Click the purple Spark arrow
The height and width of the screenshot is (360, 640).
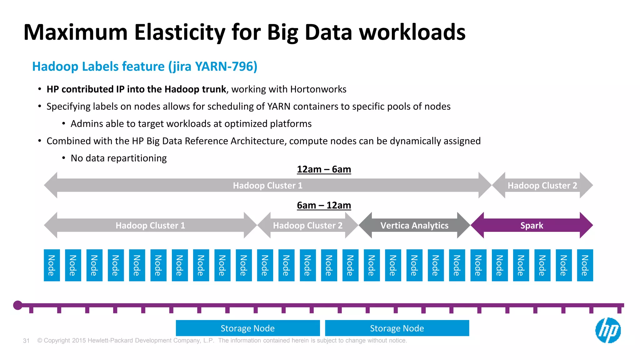pyautogui.click(x=532, y=225)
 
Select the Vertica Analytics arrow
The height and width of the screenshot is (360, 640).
pyautogui.click(x=414, y=225)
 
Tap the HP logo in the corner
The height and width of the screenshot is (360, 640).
pyautogui.click(x=608, y=330)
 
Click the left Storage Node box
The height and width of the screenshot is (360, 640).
pyautogui.click(x=247, y=328)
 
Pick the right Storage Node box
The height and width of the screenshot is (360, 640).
pyautogui.click(x=397, y=328)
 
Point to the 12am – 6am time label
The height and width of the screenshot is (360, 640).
pyautogui.click(x=324, y=169)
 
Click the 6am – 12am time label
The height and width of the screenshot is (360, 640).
pyautogui.click(x=324, y=205)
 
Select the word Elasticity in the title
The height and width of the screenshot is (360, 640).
pyautogui.click(x=180, y=32)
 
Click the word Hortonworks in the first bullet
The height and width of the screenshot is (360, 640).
pyautogui.click(x=318, y=89)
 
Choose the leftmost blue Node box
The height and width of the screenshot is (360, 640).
pyautogui.click(x=52, y=265)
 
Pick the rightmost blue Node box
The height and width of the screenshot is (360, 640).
pyautogui.click(x=585, y=265)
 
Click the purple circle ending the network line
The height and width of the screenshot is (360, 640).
pyautogui.click(x=18, y=305)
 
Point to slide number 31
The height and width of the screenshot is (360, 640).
pyautogui.click(x=26, y=341)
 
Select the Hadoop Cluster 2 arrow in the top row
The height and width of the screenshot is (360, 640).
pyautogui.click(x=542, y=185)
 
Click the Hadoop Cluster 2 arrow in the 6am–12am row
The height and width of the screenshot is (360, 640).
pyautogui.click(x=307, y=225)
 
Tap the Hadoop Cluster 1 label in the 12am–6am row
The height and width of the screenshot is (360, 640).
pyautogui.click(x=267, y=185)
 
